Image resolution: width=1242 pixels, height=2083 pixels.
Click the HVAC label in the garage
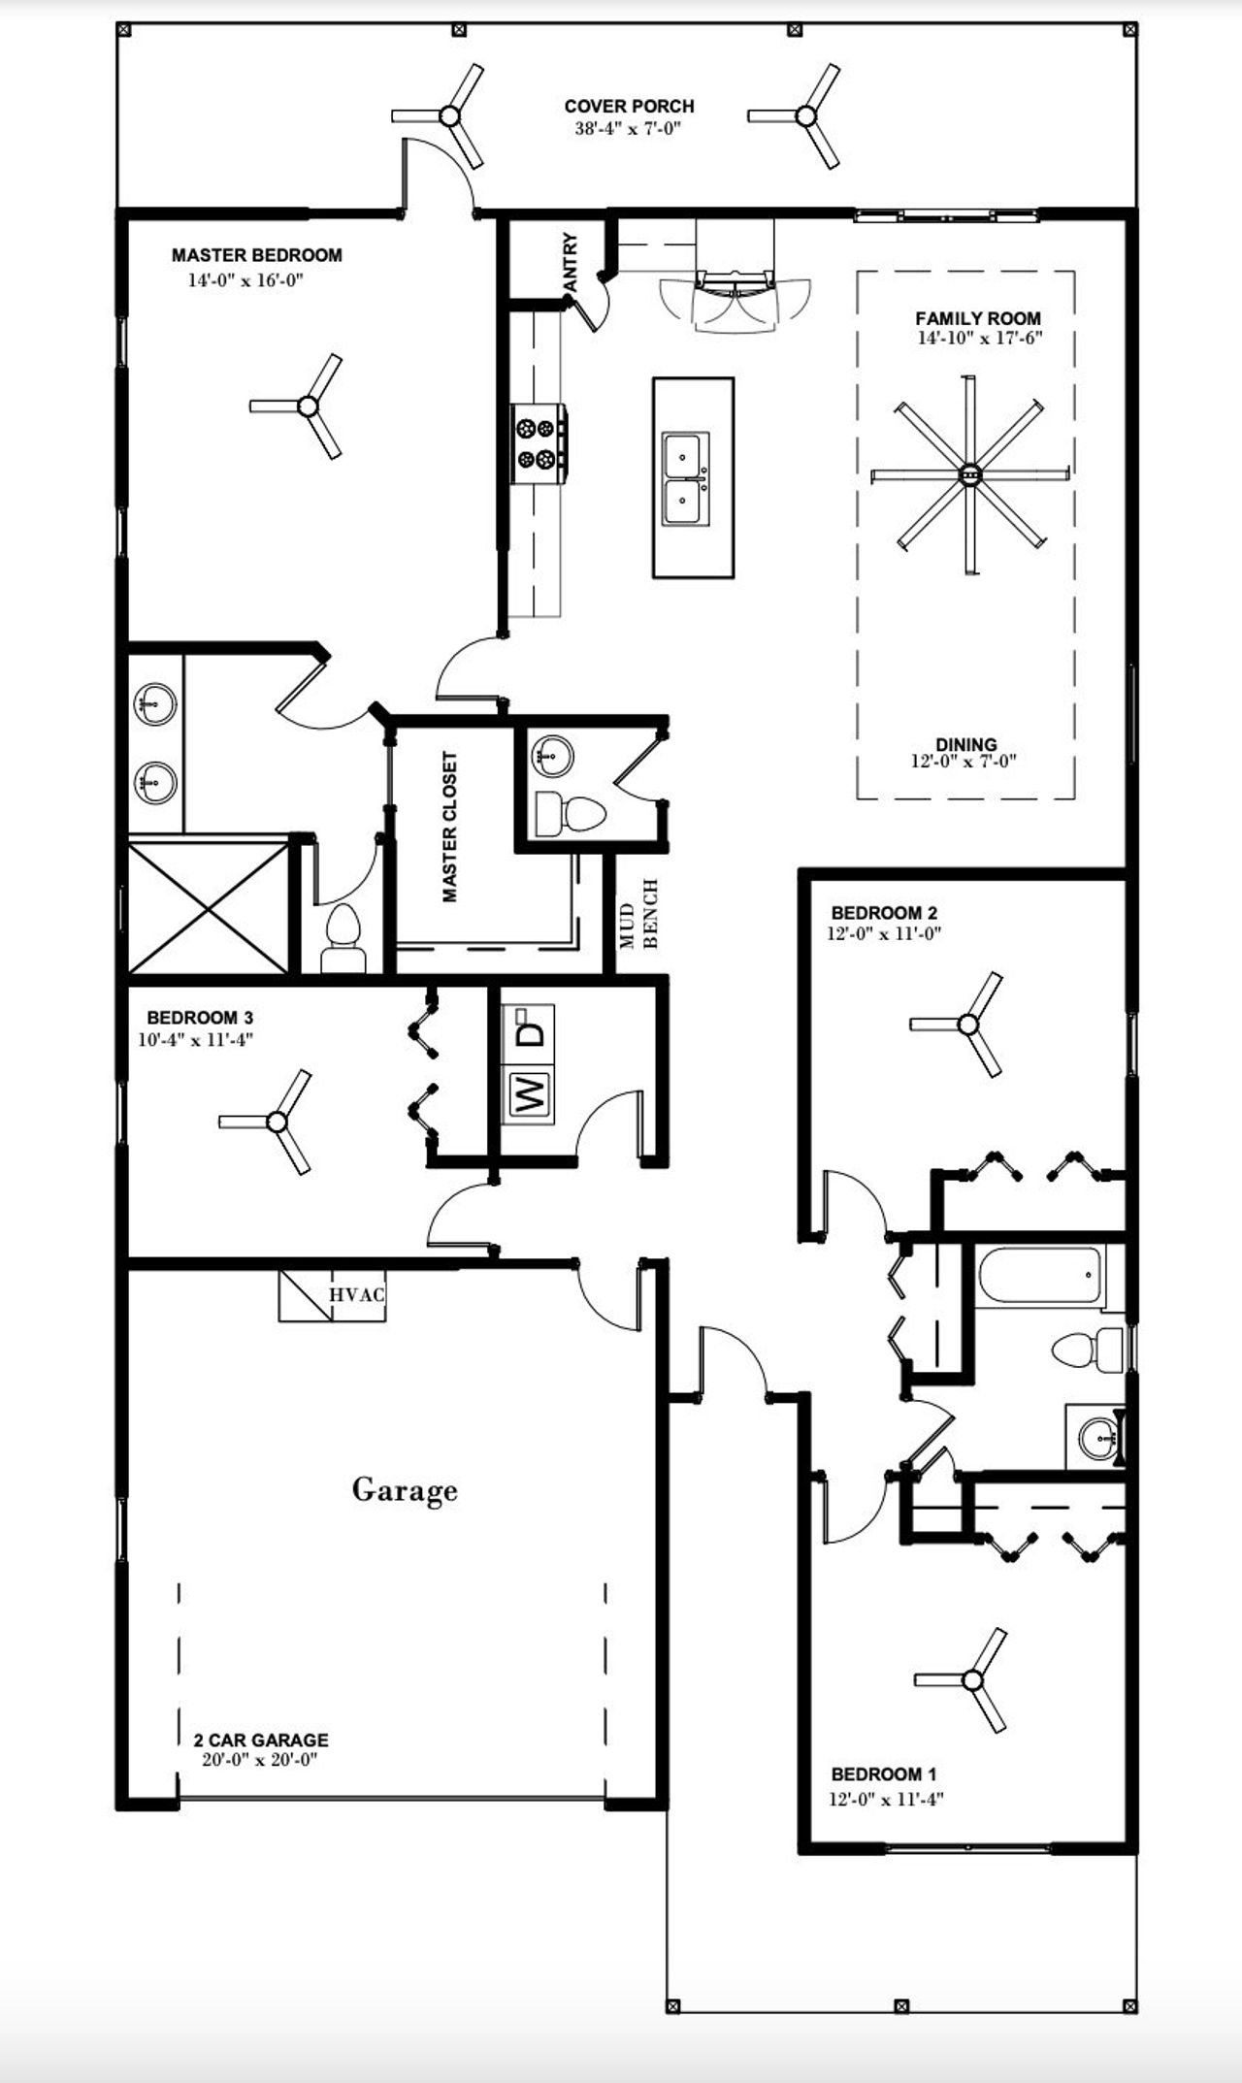[x=356, y=1294]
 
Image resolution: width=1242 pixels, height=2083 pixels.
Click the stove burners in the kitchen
[x=540, y=442]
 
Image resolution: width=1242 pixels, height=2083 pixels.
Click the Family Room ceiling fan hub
[x=969, y=474]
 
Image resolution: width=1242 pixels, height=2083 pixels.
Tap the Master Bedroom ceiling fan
[x=308, y=407]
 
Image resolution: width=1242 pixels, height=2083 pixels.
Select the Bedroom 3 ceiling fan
[x=277, y=1123]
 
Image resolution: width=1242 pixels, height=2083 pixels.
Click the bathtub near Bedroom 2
[x=1040, y=1275]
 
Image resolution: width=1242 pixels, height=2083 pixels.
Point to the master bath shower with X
[x=209, y=908]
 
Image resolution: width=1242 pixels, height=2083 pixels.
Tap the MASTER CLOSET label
[x=450, y=827]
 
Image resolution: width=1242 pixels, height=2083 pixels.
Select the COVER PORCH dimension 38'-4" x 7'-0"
[x=628, y=128]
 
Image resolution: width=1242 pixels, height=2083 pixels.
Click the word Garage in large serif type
[x=405, y=1489]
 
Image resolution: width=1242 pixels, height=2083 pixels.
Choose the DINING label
[x=965, y=745]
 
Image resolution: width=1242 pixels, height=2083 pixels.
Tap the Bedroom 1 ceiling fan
[x=972, y=1679]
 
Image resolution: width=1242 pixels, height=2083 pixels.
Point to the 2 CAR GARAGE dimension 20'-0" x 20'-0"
[x=260, y=1760]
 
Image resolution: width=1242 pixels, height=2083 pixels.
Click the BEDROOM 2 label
[x=884, y=913]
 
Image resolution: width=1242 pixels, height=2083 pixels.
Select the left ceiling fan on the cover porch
[x=449, y=116]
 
